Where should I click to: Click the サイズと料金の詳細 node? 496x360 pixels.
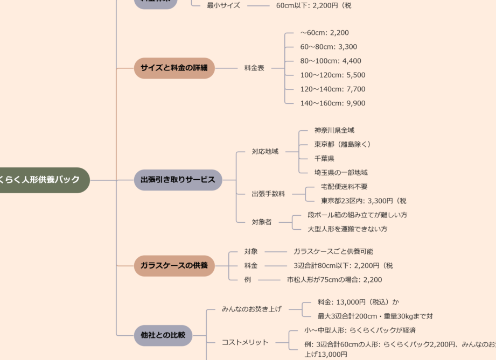point(174,68)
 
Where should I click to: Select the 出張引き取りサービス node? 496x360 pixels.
point(178,180)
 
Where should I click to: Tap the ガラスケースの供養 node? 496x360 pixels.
point(174,265)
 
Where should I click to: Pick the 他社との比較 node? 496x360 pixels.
point(163,335)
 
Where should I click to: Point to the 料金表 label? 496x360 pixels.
point(254,68)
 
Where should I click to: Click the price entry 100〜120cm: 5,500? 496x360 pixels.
point(332,75)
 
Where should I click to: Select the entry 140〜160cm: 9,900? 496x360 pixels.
point(332,103)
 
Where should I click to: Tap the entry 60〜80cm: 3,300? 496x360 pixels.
point(329,47)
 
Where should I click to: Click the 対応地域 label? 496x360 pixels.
point(265,152)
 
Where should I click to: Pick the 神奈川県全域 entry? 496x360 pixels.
point(334,130)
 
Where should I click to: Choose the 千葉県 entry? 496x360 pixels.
point(324,159)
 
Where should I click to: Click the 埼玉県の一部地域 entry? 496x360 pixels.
point(341,173)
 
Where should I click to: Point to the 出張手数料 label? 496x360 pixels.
point(268,194)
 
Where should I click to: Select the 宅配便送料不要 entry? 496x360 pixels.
point(340,187)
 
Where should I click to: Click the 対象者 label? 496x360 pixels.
point(262,222)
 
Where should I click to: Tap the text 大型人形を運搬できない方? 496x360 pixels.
point(347,229)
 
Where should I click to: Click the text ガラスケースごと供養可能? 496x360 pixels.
point(333,251)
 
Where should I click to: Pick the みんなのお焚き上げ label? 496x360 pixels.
point(252,309)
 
